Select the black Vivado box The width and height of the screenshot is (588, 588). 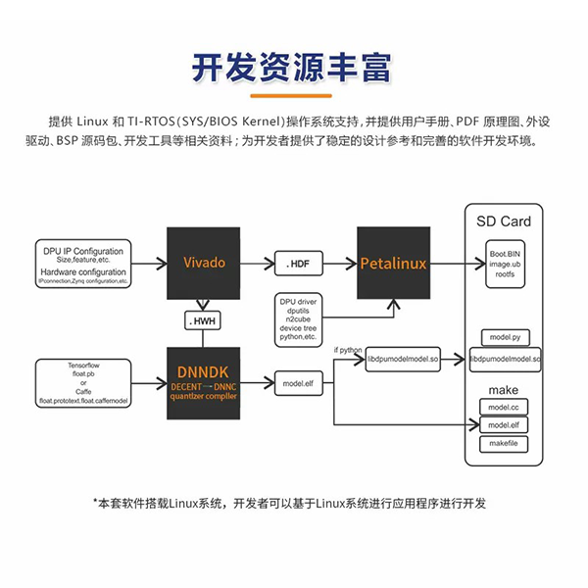coord(204,263)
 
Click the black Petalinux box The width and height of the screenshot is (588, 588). coord(393,264)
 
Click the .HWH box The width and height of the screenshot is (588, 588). coord(203,320)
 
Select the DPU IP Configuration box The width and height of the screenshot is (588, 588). coord(82,262)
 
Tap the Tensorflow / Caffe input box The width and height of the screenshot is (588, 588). coord(83,382)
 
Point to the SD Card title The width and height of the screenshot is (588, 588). coord(503,221)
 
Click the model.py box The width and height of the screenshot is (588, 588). coord(504,336)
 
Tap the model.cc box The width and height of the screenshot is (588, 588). coord(504,407)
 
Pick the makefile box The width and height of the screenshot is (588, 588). coord(504,443)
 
